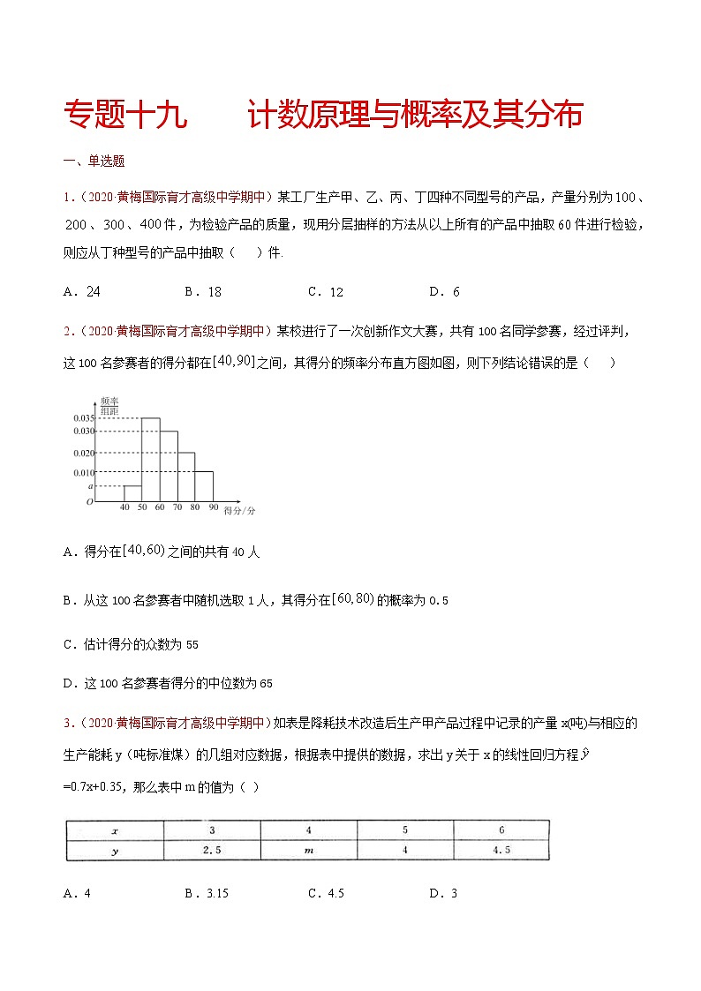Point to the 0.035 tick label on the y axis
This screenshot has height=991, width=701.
point(83,418)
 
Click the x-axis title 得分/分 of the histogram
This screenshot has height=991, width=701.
point(239,511)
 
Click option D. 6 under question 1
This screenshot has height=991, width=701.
point(444,292)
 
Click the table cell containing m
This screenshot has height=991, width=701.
point(308,851)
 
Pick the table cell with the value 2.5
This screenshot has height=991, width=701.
point(212,851)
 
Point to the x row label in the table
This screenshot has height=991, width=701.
point(115,830)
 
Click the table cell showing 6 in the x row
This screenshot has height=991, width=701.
point(501,830)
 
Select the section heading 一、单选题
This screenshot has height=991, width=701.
point(94,161)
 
